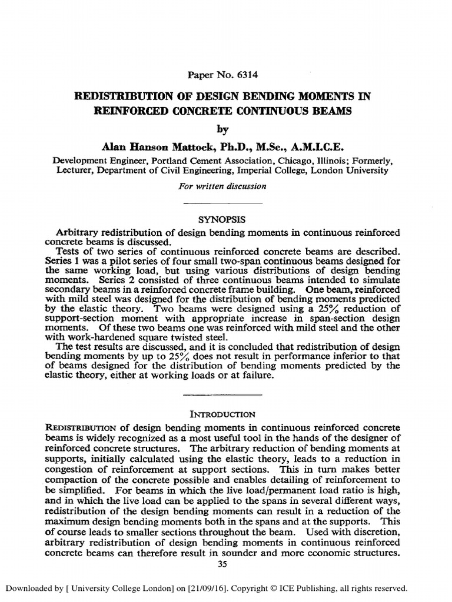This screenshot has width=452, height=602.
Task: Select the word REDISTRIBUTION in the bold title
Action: [114, 96]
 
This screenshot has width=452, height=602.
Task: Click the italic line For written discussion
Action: [221, 186]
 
